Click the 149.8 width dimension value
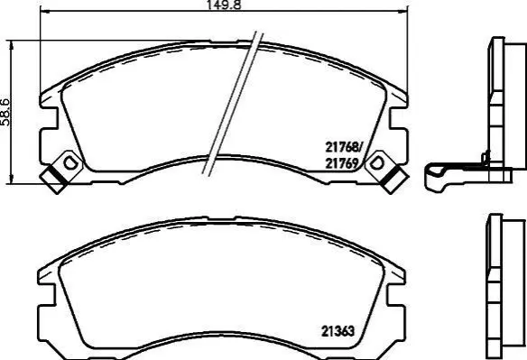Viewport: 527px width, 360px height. tap(223, 5)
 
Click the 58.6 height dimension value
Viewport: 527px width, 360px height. tap(5, 112)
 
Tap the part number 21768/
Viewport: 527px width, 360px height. tap(344, 147)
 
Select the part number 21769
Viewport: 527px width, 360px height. tap(342, 163)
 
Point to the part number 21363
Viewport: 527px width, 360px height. tap(337, 331)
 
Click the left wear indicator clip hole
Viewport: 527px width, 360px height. tap(70, 163)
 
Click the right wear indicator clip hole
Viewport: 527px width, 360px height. tap(376, 163)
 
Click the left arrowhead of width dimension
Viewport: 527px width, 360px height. tap(45, 12)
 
